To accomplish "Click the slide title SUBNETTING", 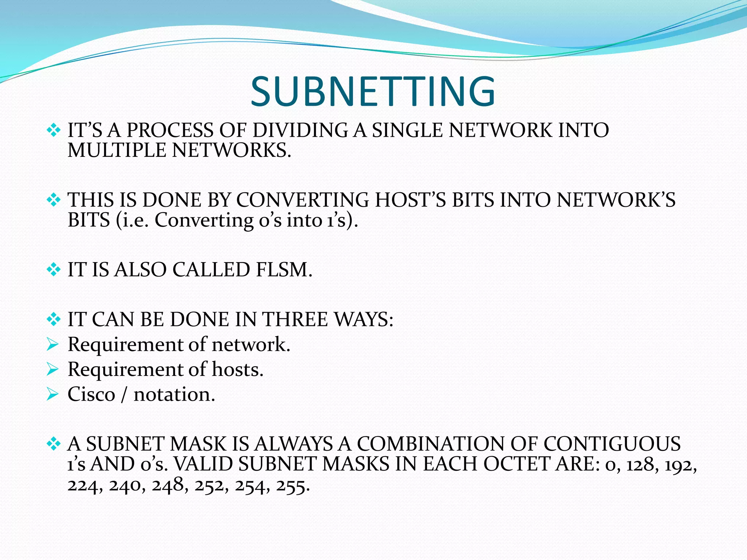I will (x=373, y=91).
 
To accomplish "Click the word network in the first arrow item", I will (x=251, y=345).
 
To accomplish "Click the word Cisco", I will (x=91, y=394).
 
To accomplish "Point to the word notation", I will (x=174, y=394).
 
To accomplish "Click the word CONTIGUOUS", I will (x=612, y=444).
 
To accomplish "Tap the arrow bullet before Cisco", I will (x=53, y=394).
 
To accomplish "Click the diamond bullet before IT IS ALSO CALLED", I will (x=54, y=270).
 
